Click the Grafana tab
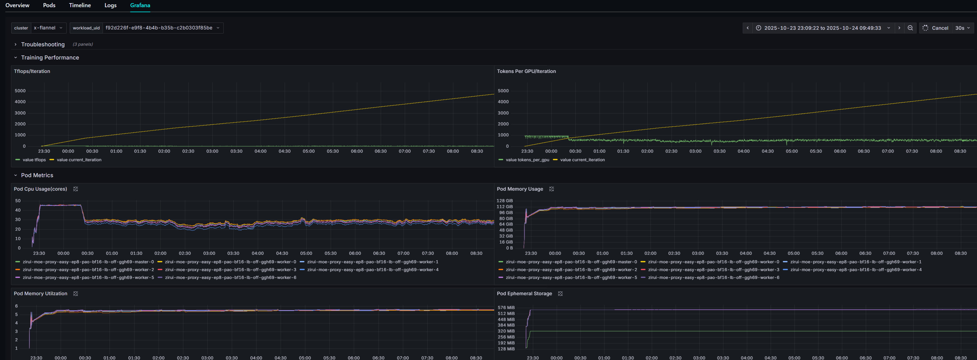(x=140, y=5)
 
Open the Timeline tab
(x=80, y=5)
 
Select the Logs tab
(x=110, y=5)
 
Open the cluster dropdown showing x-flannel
(x=48, y=28)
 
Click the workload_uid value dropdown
(x=162, y=28)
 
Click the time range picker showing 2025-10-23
(x=822, y=28)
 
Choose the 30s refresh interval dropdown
(x=962, y=28)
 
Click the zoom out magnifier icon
(x=910, y=28)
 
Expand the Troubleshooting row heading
(x=43, y=44)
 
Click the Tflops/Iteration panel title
(x=32, y=71)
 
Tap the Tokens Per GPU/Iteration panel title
(x=526, y=71)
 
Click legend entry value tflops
(x=34, y=160)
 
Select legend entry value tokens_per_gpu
(x=527, y=160)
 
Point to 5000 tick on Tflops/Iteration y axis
(x=20, y=91)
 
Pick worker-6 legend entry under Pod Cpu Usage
(x=230, y=278)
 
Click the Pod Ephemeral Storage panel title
(x=524, y=294)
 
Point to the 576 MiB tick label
(x=506, y=308)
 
